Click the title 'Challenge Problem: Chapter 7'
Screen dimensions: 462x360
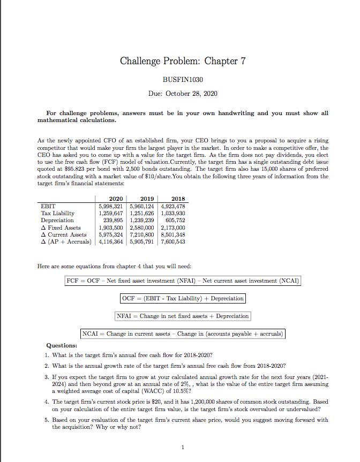(x=182, y=60)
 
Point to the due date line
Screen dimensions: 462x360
(x=182, y=93)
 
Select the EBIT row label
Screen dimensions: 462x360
(x=48, y=206)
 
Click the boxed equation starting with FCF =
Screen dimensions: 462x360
(x=182, y=281)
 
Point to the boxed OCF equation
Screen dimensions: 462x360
(x=183, y=298)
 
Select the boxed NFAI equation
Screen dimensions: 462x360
(x=183, y=316)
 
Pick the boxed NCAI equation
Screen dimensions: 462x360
(x=183, y=334)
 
